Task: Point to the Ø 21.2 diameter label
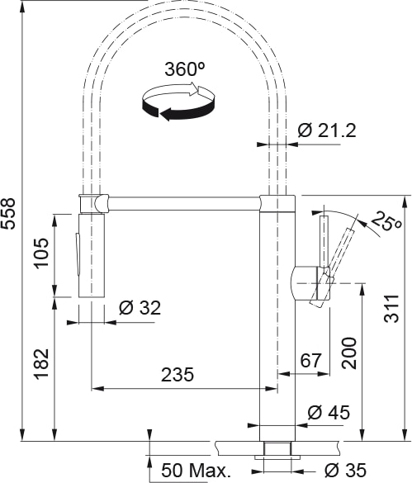[x=327, y=130]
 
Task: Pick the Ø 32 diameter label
[x=140, y=309]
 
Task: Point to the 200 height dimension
[x=349, y=354]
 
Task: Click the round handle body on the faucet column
[x=310, y=283]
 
